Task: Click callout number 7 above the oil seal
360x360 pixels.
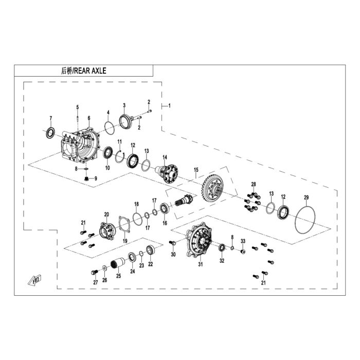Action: [x=51, y=118]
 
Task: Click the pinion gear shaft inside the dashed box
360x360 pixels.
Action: [x=184, y=200]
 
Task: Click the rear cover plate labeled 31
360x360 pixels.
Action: [x=199, y=241]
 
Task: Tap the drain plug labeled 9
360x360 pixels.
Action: [x=86, y=178]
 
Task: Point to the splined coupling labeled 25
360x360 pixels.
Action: [x=118, y=263]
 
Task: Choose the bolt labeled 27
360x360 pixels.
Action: [x=94, y=272]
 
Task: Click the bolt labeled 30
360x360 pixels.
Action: [x=172, y=243]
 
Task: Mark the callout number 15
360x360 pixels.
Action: [x=196, y=170]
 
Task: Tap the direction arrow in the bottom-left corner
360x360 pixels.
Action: [x=34, y=280]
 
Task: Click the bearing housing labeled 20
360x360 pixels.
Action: [x=106, y=231]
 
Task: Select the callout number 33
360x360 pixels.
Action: [x=243, y=241]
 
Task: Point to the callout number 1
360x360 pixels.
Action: [x=169, y=106]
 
